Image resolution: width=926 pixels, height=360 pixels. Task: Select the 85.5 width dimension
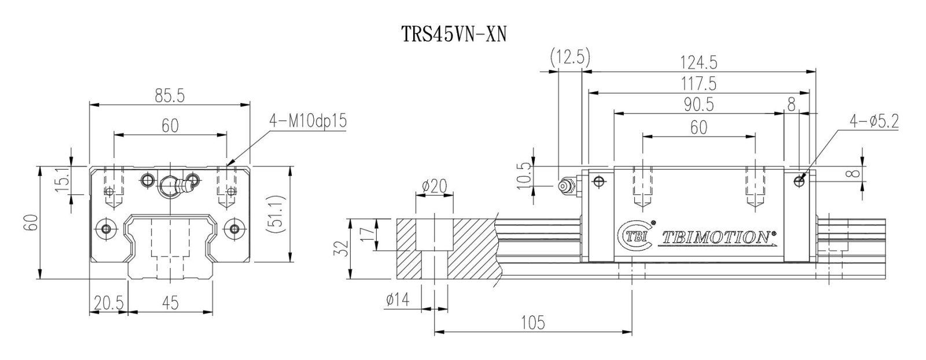coord(170,95)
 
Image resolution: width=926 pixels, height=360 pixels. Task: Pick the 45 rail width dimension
coord(170,303)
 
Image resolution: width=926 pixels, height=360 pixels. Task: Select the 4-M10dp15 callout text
coord(308,121)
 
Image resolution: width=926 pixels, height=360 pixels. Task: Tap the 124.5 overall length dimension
coord(699,62)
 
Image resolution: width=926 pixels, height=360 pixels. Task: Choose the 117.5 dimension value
coord(699,84)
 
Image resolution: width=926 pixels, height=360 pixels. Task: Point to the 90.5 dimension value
coord(699,105)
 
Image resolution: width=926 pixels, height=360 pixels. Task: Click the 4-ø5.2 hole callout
coord(874,121)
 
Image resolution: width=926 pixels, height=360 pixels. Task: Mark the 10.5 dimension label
coord(524,174)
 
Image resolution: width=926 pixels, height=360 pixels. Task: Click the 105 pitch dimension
coord(532,322)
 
